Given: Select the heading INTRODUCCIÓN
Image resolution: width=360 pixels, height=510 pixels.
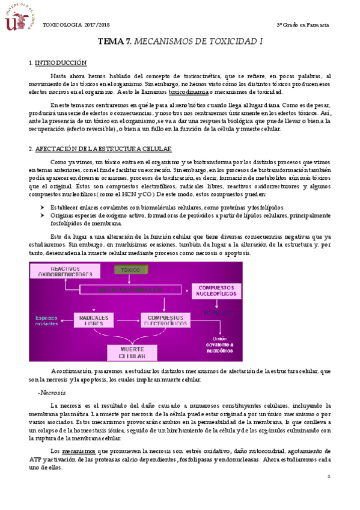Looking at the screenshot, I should click(61, 63).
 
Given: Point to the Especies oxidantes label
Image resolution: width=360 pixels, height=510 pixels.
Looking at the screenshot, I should click(46, 321).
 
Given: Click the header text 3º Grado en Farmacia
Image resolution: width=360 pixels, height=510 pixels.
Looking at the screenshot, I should click(302, 25).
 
